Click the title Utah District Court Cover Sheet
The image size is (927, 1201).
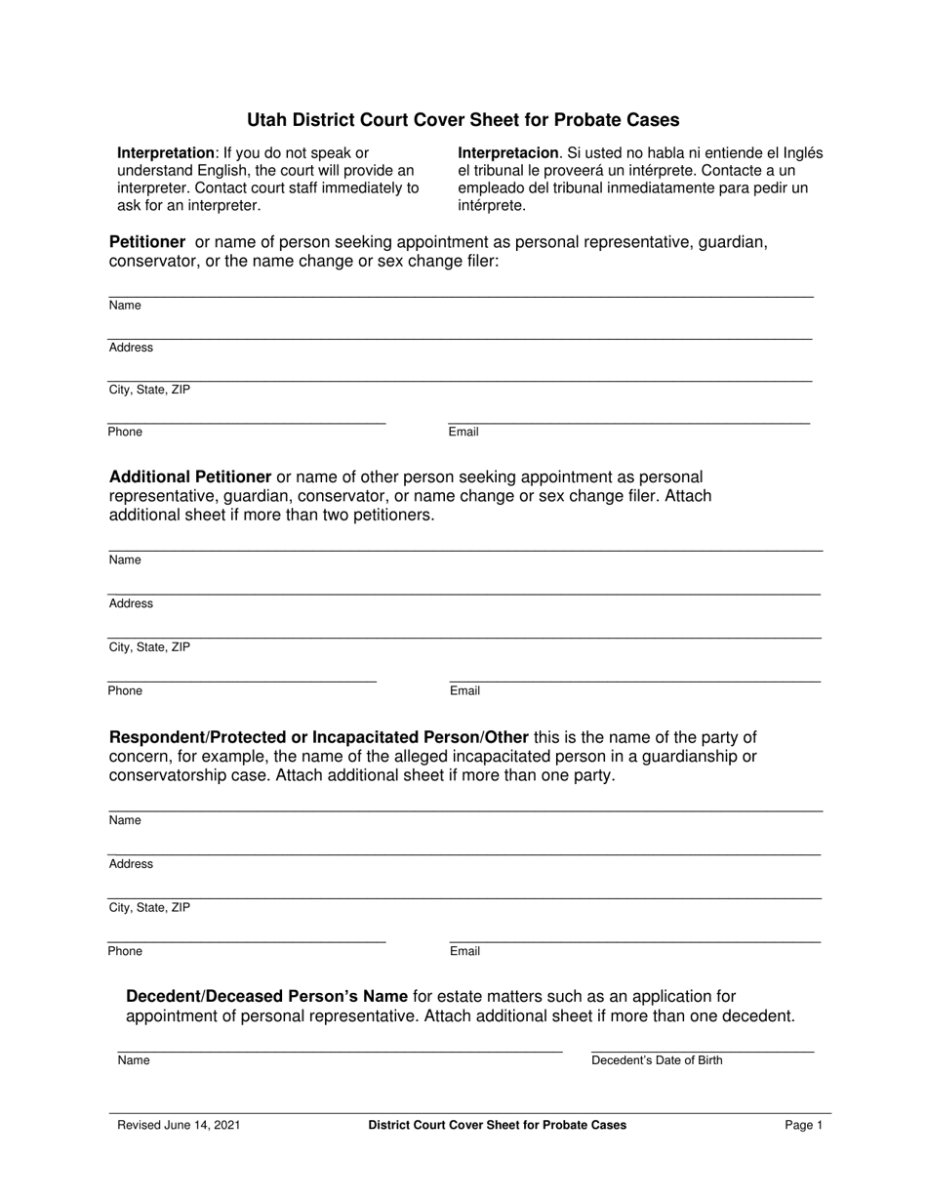(463, 120)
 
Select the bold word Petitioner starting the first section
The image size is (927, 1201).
(147, 241)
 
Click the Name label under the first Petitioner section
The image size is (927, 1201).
(125, 306)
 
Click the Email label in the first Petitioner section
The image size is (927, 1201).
(463, 432)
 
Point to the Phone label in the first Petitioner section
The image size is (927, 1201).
(125, 432)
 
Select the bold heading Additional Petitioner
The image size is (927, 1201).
(190, 477)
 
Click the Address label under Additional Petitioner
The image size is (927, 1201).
(131, 603)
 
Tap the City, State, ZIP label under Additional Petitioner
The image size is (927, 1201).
(149, 646)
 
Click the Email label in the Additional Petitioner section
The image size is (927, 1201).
(464, 690)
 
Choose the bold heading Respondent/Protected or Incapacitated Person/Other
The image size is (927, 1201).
(319, 737)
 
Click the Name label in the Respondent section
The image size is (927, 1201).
(125, 820)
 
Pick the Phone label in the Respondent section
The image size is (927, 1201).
(125, 951)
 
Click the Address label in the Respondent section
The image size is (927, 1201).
(131, 864)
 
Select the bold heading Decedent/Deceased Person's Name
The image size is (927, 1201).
(266, 997)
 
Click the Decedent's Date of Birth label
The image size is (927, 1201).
(657, 1060)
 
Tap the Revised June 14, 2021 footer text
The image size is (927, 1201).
(179, 1125)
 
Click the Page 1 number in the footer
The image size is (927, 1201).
(804, 1125)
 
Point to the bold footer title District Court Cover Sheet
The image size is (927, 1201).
(497, 1125)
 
